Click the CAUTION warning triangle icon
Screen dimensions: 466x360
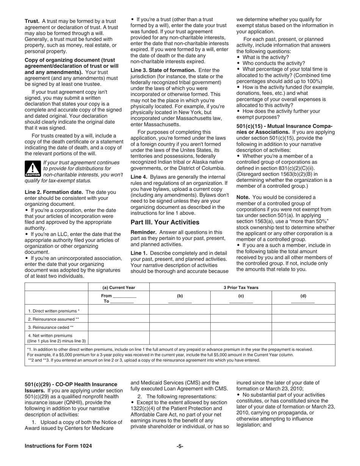pos(33,169)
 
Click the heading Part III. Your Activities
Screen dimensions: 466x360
pos(165,222)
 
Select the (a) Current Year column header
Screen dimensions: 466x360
pos(119,287)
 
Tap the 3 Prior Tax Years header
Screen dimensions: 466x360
pos(241,287)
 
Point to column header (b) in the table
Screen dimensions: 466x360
pos(180,296)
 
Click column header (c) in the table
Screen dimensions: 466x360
pos(241,296)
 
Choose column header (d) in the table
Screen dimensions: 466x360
pos(303,296)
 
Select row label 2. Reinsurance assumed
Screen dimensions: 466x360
pos(53,319)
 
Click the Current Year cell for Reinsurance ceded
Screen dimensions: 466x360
pos(119,327)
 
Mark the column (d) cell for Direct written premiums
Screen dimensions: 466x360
pos(303,311)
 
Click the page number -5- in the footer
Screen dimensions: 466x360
pos(180,446)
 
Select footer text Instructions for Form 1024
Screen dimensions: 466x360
pos(58,446)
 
